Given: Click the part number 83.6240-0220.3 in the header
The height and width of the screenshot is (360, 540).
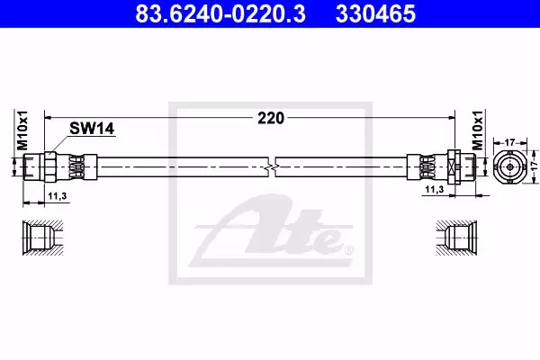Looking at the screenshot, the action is (220, 13).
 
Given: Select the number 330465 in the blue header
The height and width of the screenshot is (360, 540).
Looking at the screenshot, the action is (375, 13).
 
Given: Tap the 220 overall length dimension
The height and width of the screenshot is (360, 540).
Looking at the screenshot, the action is (271, 118).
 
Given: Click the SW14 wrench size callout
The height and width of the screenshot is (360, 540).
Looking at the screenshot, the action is (92, 129).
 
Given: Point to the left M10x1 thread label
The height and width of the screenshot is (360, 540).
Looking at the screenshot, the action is (22, 130).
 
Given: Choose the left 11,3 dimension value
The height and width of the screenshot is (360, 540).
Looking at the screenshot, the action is (58, 196).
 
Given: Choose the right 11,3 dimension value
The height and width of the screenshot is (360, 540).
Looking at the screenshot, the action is (435, 189).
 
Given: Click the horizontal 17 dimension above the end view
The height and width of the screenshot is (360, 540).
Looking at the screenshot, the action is (509, 141).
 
